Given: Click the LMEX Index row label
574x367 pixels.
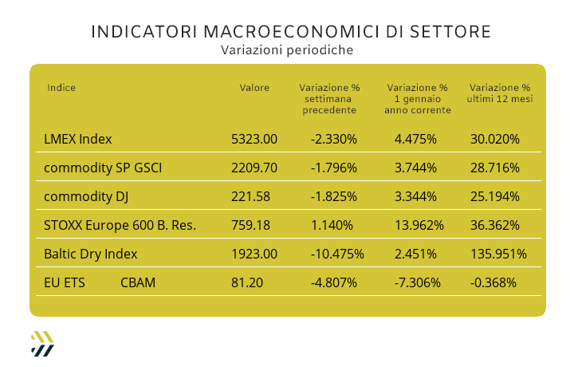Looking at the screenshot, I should point(78,139).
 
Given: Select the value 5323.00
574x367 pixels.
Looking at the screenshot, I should point(254,139).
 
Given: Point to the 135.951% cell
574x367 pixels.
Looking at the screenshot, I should point(498,254).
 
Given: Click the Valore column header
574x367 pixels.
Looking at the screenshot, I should point(254,88).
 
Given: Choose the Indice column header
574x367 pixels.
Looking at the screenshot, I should point(61,88).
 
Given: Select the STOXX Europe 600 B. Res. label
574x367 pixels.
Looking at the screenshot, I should point(120,225).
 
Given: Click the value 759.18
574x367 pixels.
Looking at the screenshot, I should point(250,225).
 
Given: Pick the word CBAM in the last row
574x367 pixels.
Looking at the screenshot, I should point(138,282).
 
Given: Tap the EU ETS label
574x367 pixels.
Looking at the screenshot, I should point(65,282).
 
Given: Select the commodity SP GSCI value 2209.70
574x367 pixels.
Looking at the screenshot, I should point(254,168).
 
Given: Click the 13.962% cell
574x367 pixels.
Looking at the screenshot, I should point(419,225).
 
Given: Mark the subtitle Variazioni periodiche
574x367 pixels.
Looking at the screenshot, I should point(287,49).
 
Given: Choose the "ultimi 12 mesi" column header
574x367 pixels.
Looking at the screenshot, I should point(500,99).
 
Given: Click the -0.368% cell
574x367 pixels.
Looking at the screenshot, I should point(493,282).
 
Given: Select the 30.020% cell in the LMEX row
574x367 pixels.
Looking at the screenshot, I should point(495,139).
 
